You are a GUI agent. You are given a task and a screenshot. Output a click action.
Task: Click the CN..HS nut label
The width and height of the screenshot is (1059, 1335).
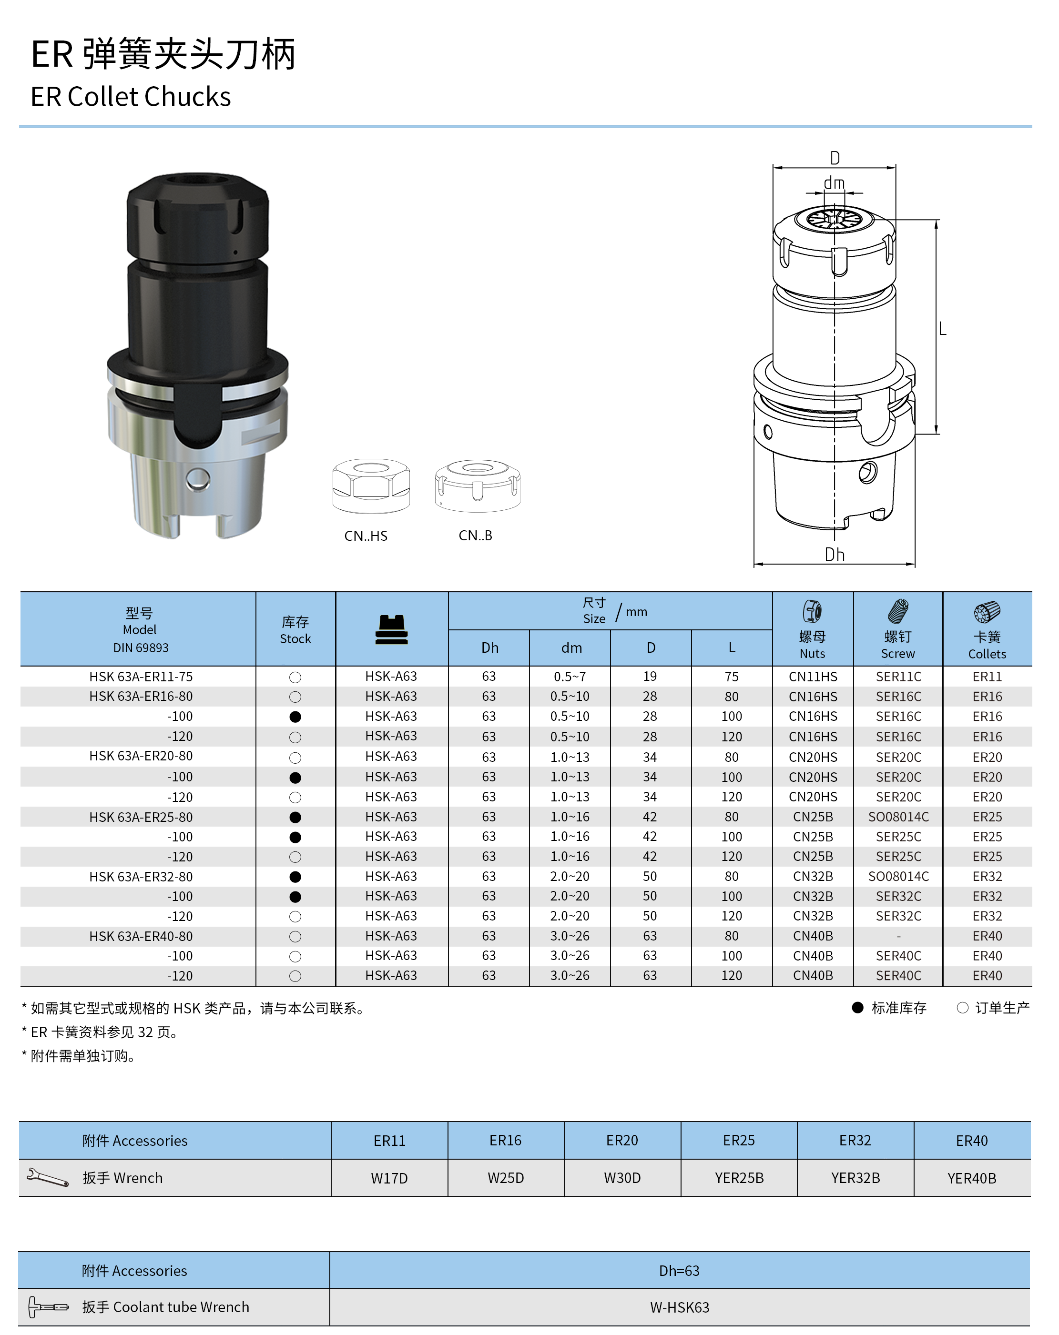coord(366,536)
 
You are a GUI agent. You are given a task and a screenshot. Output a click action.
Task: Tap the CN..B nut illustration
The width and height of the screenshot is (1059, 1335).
coord(478,485)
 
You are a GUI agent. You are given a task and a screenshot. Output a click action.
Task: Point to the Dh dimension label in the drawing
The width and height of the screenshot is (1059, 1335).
coord(834,554)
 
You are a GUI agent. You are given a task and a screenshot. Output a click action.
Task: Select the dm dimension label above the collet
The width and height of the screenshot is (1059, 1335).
coord(834,183)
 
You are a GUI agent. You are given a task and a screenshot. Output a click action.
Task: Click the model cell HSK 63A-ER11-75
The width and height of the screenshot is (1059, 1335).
coord(141,677)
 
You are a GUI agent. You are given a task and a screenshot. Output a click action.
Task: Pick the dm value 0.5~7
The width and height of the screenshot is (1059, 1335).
coord(570,677)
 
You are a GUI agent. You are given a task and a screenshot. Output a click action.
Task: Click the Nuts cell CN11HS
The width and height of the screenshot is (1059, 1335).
coord(813,677)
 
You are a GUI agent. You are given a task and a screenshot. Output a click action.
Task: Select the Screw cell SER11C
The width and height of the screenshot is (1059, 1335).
coord(898,677)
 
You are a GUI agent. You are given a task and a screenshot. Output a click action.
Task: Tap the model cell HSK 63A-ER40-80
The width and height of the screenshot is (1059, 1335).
coord(141,936)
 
